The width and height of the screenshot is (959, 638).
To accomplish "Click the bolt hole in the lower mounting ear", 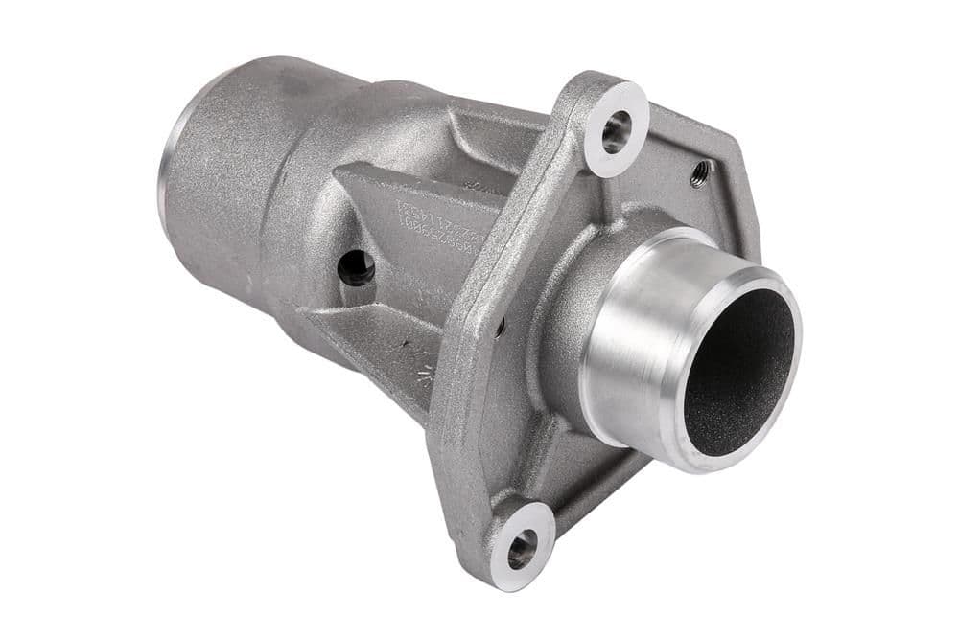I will tap(521, 549).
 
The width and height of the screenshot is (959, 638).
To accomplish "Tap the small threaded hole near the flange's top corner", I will tap(701, 172).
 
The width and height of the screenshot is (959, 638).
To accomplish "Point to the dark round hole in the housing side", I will tap(356, 267).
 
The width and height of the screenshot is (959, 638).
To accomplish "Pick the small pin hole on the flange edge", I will tap(501, 328).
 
